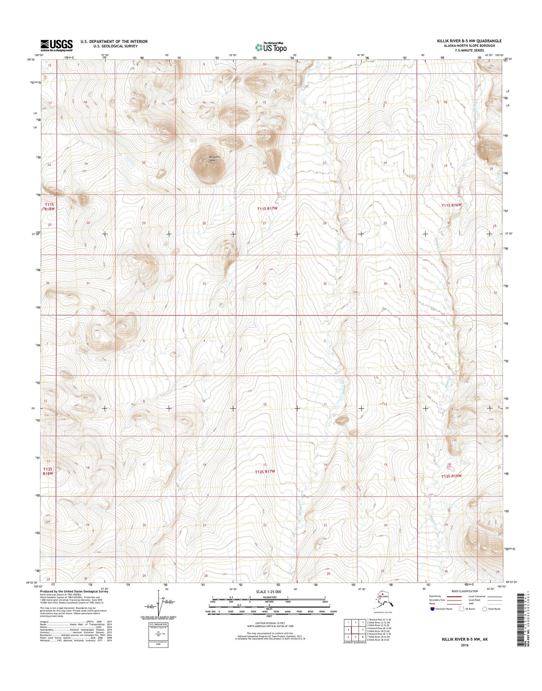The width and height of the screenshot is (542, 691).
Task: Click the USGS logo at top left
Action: click(57, 45)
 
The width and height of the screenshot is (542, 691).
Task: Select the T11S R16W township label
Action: click(451, 205)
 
